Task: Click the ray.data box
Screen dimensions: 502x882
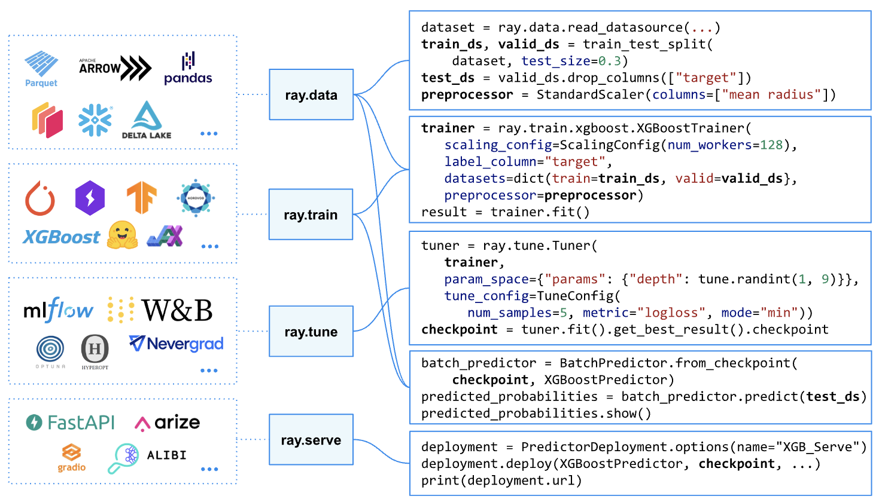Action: tap(311, 94)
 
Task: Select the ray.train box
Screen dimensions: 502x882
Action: tap(311, 215)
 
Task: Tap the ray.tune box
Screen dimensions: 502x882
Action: tap(311, 332)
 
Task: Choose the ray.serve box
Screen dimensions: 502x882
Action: tap(311, 440)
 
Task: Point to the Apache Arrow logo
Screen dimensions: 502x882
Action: tap(115, 68)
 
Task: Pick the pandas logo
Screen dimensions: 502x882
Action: tap(188, 69)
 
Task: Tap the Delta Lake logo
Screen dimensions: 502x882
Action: tap(147, 121)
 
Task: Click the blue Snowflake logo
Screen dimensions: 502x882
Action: tap(95, 120)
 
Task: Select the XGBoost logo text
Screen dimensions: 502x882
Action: tap(62, 238)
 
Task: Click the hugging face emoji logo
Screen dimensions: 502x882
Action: tap(122, 235)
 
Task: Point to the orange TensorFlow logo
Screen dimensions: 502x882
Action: tap(141, 198)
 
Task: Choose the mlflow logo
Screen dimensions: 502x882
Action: tap(58, 310)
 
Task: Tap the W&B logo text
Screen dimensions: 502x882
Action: tap(177, 311)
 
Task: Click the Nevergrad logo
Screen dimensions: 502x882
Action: tap(177, 344)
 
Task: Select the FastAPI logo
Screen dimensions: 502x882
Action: tap(71, 423)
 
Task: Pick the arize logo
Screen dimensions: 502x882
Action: tap(168, 423)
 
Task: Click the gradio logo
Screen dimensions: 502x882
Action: tap(72, 458)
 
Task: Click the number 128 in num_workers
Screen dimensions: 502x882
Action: tap(771, 145)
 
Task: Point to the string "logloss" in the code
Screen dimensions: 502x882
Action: tap(671, 313)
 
